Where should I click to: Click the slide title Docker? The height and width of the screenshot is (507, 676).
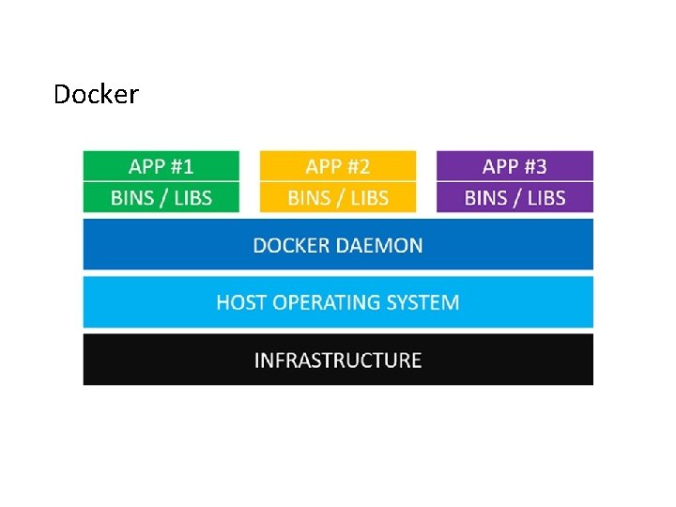pyautogui.click(x=96, y=95)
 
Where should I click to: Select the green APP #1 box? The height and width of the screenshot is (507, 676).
pyautogui.click(x=161, y=166)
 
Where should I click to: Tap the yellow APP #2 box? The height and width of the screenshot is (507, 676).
pyautogui.click(x=337, y=166)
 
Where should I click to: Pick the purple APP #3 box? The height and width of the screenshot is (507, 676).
pyautogui.click(x=515, y=166)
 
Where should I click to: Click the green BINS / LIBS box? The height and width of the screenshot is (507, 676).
pyautogui.click(x=161, y=197)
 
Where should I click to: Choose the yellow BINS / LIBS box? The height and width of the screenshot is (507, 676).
pyautogui.click(x=337, y=197)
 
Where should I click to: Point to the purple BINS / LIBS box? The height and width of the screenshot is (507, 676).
pyautogui.click(x=515, y=197)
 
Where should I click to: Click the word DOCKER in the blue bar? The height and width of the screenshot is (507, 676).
pyautogui.click(x=290, y=245)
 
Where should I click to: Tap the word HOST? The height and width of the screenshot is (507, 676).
pyautogui.click(x=240, y=302)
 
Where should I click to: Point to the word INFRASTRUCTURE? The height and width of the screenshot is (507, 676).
pyautogui.click(x=338, y=361)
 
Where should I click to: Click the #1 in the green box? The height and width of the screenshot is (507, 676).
pyautogui.click(x=181, y=166)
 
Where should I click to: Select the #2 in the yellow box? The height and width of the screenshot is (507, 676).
pyautogui.click(x=358, y=166)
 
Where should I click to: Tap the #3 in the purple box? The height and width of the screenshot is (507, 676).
pyautogui.click(x=535, y=166)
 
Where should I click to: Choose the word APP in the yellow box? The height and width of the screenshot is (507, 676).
pyautogui.click(x=323, y=166)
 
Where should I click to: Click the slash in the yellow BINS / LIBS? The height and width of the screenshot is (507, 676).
pyautogui.click(x=338, y=197)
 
